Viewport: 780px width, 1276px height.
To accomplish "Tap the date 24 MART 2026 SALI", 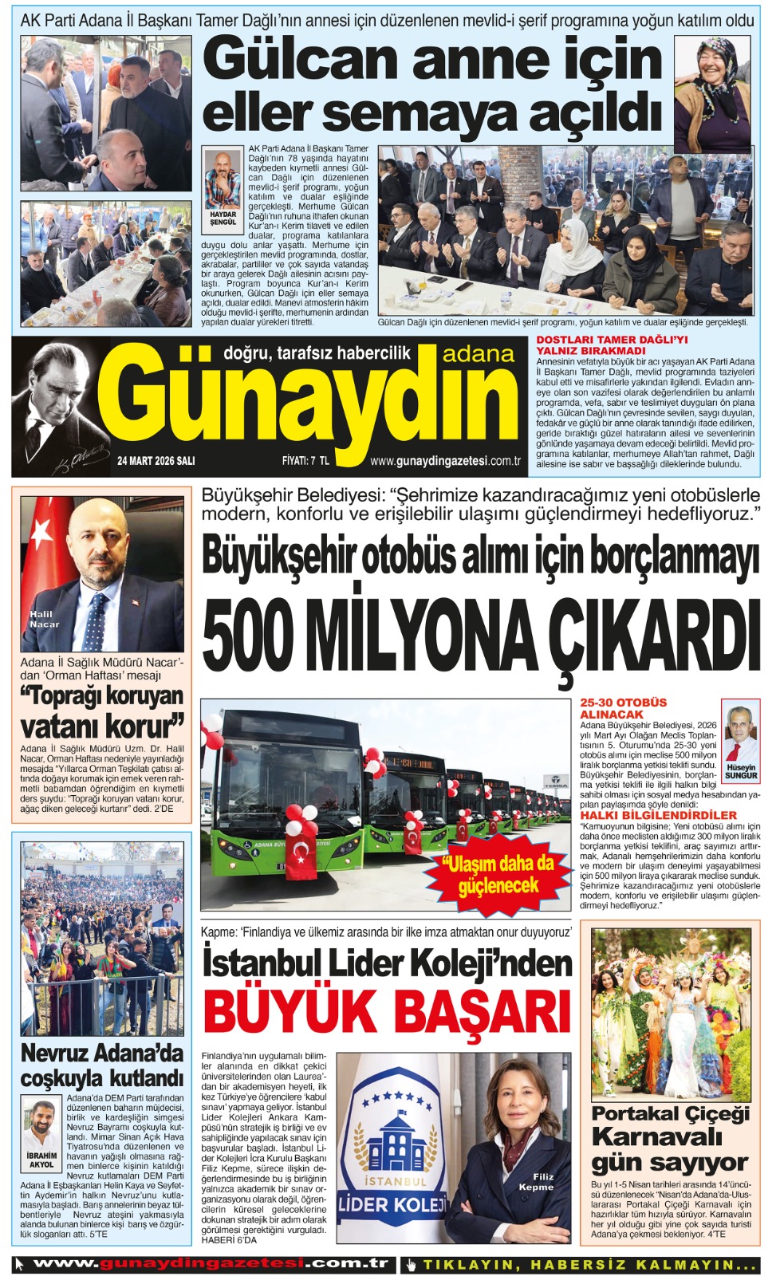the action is tap(156, 461).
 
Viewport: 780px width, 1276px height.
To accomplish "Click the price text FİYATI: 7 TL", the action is tap(305, 461).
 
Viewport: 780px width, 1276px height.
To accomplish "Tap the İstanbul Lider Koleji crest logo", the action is tap(391, 1148).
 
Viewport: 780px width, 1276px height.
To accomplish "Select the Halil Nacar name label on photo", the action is tap(45, 619).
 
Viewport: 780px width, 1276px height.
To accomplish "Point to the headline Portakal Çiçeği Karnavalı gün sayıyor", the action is tap(670, 1137).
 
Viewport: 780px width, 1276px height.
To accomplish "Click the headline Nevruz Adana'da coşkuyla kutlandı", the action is tap(102, 1065).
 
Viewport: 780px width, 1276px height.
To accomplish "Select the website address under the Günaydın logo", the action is tap(445, 461).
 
